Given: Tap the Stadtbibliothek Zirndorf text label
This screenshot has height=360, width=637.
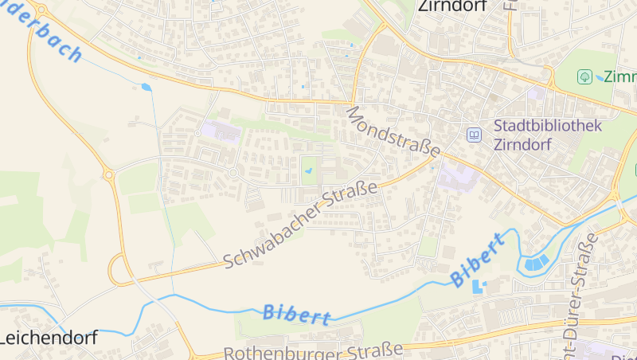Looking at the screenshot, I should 548,135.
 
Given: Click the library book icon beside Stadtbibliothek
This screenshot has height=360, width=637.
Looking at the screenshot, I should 474,135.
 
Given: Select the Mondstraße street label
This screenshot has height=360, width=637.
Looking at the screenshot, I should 393,132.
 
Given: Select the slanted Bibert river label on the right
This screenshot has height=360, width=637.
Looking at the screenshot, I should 478,260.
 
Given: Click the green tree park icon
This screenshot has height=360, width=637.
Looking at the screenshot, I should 584,77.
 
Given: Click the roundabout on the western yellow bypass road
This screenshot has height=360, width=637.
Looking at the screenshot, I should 108,174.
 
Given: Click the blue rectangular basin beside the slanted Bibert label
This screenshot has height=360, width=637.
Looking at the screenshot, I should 478,285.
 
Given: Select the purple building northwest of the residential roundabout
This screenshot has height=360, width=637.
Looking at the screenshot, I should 220,131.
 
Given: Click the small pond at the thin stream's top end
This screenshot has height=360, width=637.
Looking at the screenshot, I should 146,87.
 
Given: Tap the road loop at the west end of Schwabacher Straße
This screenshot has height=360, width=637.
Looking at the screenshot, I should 119,269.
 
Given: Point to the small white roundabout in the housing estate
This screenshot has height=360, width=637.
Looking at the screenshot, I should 233,173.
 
